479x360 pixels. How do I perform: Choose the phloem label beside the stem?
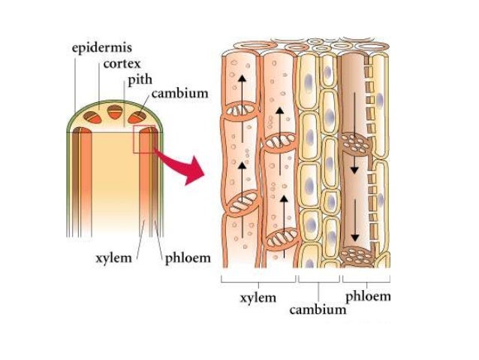[x=187, y=259]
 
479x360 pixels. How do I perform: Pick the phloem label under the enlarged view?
[x=368, y=296]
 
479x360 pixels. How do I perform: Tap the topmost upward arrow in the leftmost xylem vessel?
[x=242, y=86]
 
